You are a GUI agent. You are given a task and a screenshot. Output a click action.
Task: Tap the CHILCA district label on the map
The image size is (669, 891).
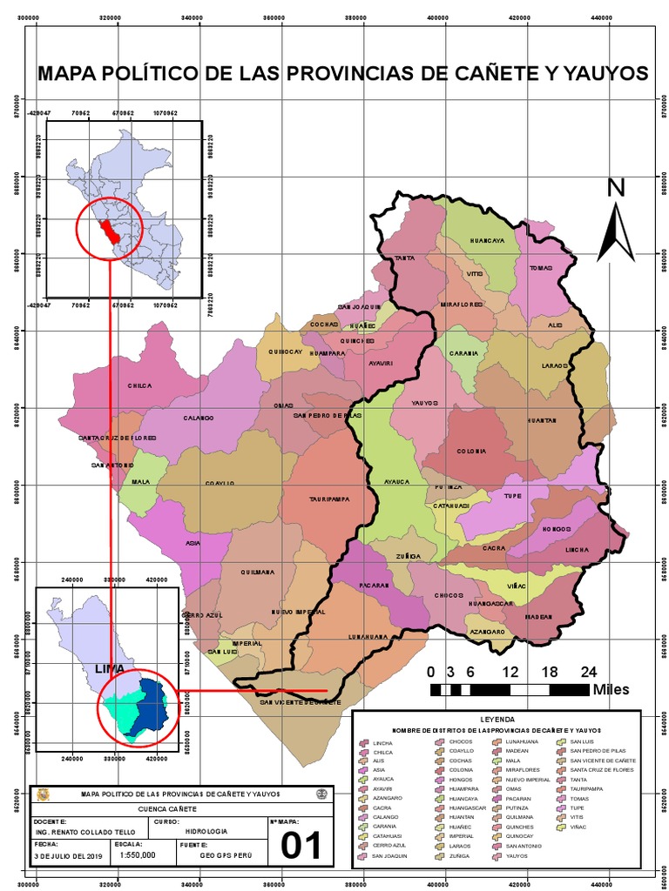click(x=139, y=385)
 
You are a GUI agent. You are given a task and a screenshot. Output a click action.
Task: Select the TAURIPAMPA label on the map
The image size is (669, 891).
click(x=328, y=499)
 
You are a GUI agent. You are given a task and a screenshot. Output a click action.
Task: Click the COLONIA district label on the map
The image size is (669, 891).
click(x=471, y=451)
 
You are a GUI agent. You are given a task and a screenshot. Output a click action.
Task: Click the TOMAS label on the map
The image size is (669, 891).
click(x=541, y=268)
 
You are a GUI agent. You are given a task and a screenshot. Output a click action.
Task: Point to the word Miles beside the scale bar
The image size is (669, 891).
click(x=612, y=689)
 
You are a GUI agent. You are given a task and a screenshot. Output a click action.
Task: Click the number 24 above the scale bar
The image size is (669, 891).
click(x=589, y=672)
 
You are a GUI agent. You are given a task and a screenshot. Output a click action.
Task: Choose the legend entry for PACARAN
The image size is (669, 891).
click(x=519, y=798)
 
